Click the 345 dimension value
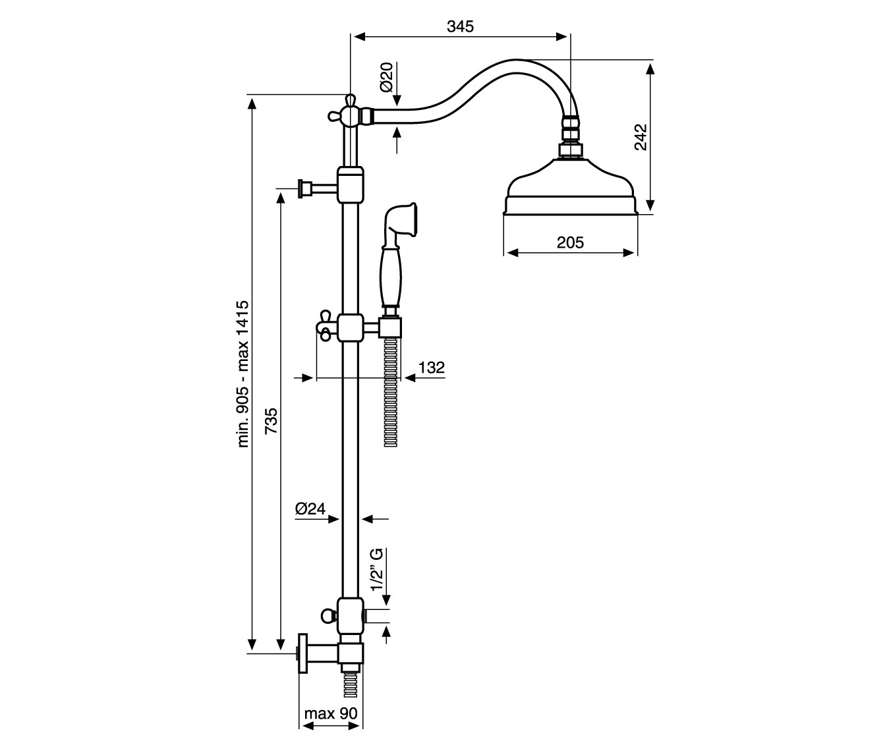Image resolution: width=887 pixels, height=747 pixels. (460, 27)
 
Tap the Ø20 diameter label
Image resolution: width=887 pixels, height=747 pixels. (387, 77)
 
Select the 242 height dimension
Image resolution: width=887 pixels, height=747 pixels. (641, 137)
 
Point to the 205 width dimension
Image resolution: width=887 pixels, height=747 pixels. (570, 242)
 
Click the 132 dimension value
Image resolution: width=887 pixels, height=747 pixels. (432, 368)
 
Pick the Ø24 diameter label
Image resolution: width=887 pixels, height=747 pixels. (310, 509)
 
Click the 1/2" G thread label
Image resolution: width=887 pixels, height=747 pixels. (377, 570)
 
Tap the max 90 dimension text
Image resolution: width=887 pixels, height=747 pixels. (331, 713)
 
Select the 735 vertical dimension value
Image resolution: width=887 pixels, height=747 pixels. (272, 420)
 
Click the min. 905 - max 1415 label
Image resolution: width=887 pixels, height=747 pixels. (243, 373)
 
